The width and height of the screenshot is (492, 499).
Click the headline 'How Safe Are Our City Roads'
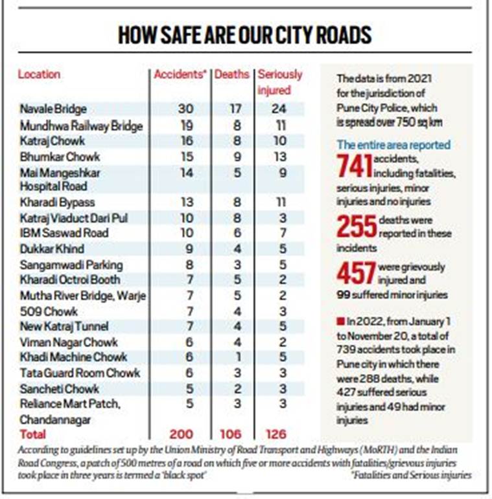[245, 35]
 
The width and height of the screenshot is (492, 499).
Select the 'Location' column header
[39, 74]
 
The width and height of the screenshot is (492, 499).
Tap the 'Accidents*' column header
[180, 74]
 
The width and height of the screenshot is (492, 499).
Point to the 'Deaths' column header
[232, 74]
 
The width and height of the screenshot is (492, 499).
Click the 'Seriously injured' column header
[280, 82]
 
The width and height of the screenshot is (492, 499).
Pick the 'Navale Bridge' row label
[53, 109]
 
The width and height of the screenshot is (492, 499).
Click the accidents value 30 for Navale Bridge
[185, 109]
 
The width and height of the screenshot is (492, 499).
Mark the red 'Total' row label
[33, 433]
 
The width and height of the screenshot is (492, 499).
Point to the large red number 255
[356, 226]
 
